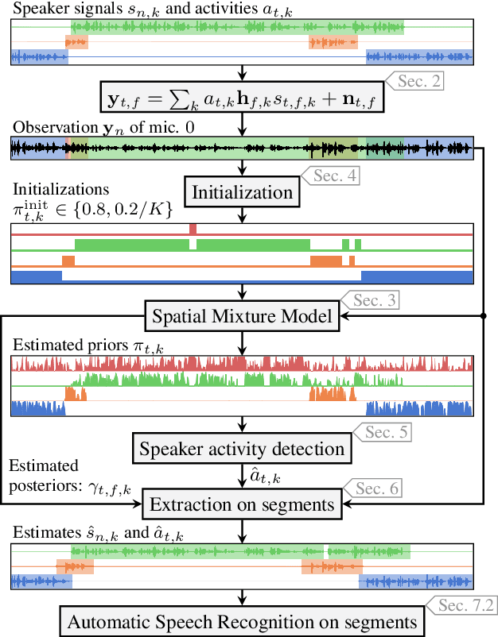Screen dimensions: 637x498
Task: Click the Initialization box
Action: (x=242, y=192)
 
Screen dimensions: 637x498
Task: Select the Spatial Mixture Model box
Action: (x=242, y=317)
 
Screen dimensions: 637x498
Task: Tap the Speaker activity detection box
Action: (x=242, y=448)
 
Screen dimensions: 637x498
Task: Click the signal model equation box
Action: (x=242, y=99)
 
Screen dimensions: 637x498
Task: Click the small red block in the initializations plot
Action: (x=193, y=228)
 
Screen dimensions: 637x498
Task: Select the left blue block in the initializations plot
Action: (x=37, y=276)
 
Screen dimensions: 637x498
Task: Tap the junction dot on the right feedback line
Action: (x=484, y=317)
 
